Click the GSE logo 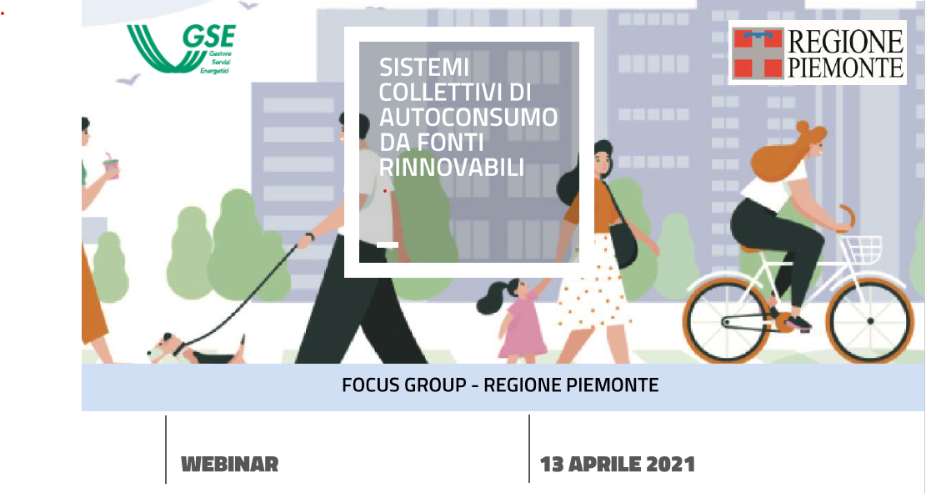coord(182,48)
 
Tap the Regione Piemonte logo coord(818,53)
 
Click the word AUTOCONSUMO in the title coord(468,118)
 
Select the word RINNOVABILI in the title coord(452,168)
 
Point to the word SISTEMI coord(424,68)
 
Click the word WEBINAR coord(230,464)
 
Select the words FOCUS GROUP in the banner coord(404,385)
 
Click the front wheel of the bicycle coord(869,321)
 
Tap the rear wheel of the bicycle coord(728,321)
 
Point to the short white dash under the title coord(388,244)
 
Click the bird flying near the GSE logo coord(128,79)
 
